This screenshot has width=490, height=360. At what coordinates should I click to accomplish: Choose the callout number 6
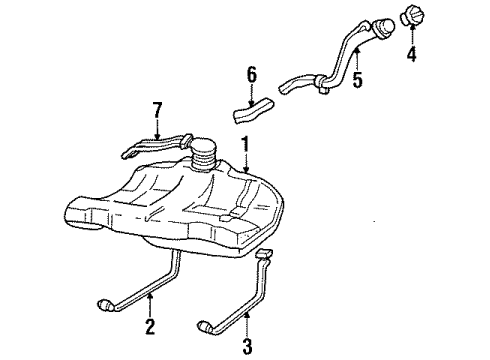(x=252, y=73)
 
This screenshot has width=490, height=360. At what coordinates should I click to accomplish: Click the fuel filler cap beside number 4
(x=414, y=17)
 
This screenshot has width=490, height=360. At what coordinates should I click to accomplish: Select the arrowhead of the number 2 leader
(x=150, y=296)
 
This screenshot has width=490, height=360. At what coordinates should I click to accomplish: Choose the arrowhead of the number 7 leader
(x=156, y=138)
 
